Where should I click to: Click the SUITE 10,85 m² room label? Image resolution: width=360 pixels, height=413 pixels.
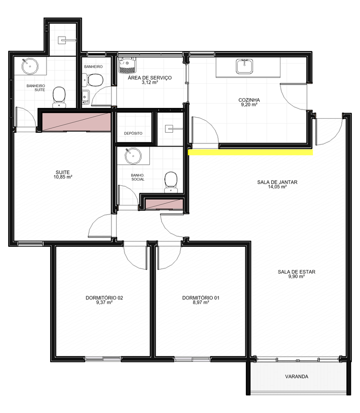(x=62, y=174)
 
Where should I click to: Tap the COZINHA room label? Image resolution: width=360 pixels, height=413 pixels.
(x=249, y=100)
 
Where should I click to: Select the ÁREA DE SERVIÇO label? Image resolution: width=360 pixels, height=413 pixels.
(x=150, y=78)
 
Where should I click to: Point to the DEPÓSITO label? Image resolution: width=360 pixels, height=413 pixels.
(x=133, y=133)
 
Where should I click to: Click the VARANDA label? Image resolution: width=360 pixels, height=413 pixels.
(x=296, y=377)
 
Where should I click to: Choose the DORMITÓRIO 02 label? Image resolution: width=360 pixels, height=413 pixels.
(x=104, y=298)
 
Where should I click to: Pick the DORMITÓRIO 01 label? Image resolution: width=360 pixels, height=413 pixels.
(x=201, y=298)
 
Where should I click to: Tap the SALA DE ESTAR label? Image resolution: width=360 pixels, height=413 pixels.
(x=296, y=272)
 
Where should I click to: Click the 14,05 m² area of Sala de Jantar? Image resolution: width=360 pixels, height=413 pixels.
(x=277, y=187)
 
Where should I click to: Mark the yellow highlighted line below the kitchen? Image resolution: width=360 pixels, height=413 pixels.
(x=251, y=152)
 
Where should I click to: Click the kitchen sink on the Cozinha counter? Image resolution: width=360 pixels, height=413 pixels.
(x=244, y=66)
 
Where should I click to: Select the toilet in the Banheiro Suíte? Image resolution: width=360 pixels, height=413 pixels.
(x=59, y=97)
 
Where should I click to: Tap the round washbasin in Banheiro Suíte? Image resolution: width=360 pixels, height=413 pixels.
(x=30, y=66)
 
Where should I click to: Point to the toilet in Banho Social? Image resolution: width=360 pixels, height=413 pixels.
(x=171, y=182)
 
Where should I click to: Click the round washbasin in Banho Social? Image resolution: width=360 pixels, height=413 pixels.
(x=133, y=156)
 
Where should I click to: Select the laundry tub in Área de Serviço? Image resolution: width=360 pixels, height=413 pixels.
(x=127, y=65)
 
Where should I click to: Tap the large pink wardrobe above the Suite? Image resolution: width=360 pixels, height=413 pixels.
(x=76, y=122)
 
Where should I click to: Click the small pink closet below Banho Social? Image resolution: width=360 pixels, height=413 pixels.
(x=164, y=204)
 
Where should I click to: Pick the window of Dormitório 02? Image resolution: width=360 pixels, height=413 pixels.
(x=103, y=359)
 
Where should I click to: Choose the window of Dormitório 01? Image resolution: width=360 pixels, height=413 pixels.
(x=192, y=359)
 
